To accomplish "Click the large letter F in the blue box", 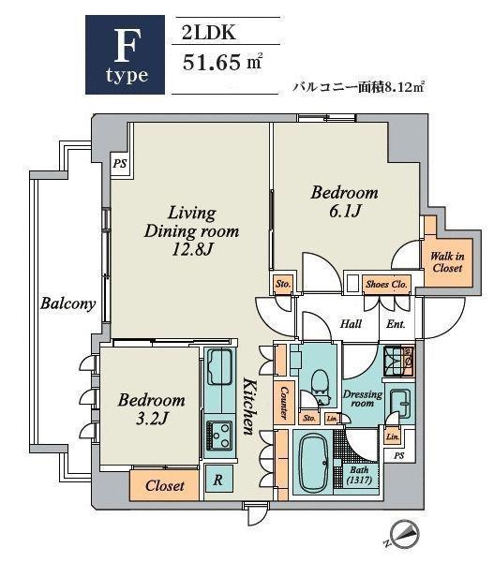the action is [x=126, y=46].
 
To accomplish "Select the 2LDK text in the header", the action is [x=209, y=33].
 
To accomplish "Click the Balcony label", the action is [x=67, y=303].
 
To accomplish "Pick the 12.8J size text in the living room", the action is [x=192, y=249].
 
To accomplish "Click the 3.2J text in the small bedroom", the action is [x=152, y=419].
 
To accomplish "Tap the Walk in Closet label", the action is [x=447, y=262].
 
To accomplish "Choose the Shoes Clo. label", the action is [x=386, y=284].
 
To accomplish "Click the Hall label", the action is [x=351, y=324].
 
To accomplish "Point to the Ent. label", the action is [x=396, y=324].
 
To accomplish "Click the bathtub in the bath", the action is [x=314, y=463].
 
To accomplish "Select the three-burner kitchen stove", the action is [x=217, y=436].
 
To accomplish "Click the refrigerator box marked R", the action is [x=218, y=480].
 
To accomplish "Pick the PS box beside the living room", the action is [x=120, y=164].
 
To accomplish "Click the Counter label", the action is [x=284, y=402].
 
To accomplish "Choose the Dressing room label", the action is [x=363, y=398].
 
